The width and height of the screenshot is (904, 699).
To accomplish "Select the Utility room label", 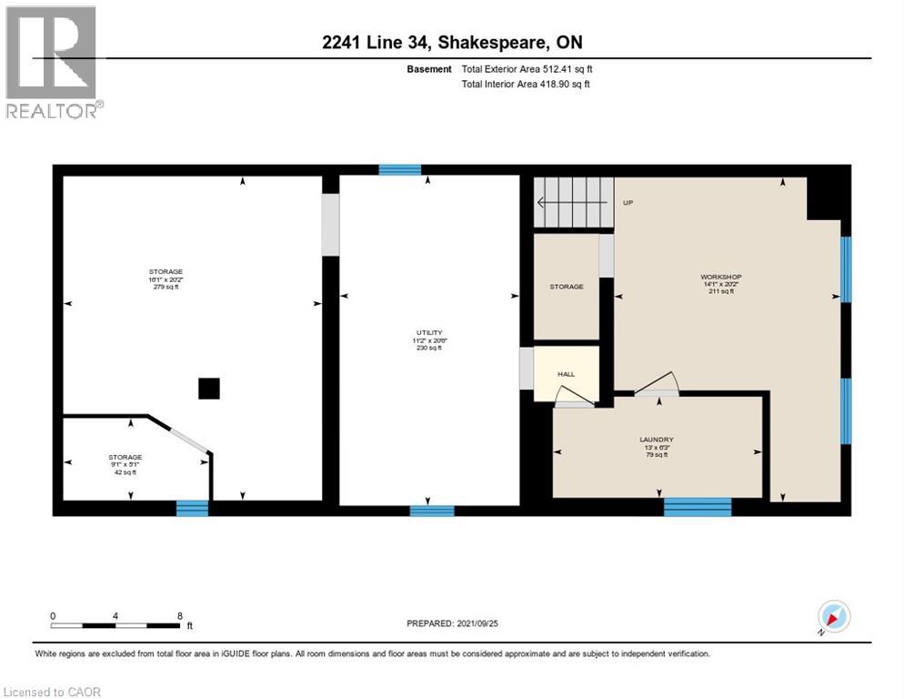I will pyautogui.click(x=427, y=333).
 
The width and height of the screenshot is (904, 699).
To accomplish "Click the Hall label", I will pyautogui.click(x=565, y=374).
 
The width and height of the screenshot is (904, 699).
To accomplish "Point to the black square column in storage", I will pyautogui.click(x=209, y=389).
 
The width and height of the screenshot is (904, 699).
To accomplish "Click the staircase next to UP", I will pyautogui.click(x=572, y=202).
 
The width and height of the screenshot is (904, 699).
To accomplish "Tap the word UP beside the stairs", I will pyautogui.click(x=628, y=203).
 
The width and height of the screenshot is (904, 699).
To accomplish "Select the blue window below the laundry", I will pyautogui.click(x=698, y=508).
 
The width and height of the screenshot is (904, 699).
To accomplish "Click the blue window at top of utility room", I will pyautogui.click(x=400, y=169).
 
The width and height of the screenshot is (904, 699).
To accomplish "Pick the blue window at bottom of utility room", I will pyautogui.click(x=432, y=511).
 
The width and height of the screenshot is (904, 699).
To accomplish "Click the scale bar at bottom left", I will pyautogui.click(x=116, y=625).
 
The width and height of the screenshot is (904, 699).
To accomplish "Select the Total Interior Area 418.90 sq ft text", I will pyautogui.click(x=526, y=85).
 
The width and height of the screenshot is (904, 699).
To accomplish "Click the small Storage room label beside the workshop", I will pyautogui.click(x=566, y=287).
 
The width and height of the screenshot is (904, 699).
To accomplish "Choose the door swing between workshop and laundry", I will pyautogui.click(x=656, y=385).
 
